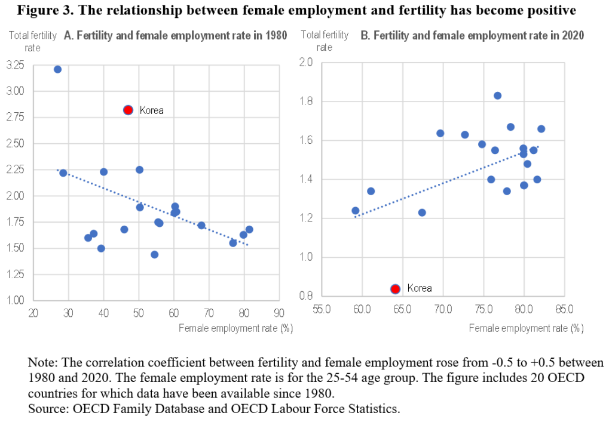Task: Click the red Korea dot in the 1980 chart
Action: pyautogui.click(x=128, y=110)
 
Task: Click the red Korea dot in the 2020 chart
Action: pyautogui.click(x=395, y=289)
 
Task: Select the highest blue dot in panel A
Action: pyautogui.click(x=57, y=69)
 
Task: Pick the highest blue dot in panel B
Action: pyautogui.click(x=497, y=96)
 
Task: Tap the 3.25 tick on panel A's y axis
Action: pyautogui.click(x=16, y=64)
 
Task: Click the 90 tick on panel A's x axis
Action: pyautogui.click(x=278, y=313)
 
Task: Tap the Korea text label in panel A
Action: pyautogui.click(x=151, y=110)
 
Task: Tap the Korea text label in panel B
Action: pyautogui.click(x=419, y=288)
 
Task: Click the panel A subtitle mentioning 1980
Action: pyautogui.click(x=175, y=36)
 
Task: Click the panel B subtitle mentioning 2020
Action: pyautogui.click(x=472, y=36)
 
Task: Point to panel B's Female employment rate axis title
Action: pyautogui.click(x=526, y=328)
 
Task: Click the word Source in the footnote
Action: pyautogui.click(x=46, y=408)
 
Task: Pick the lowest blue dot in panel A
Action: pyautogui.click(x=154, y=254)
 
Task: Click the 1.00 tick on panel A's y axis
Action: pyautogui.click(x=16, y=300)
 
